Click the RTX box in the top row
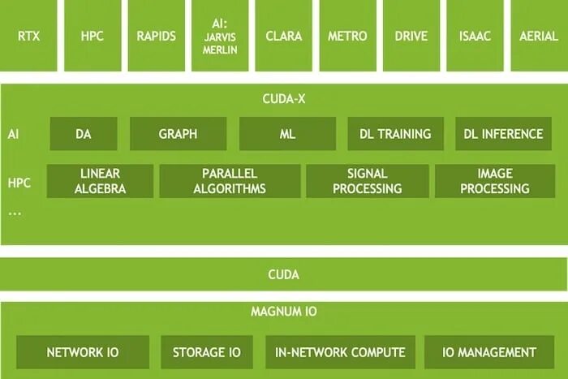(x=28, y=36)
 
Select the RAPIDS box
(x=157, y=36)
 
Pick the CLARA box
(x=284, y=36)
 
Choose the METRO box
(x=347, y=36)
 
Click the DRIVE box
(x=411, y=36)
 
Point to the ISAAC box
(x=475, y=36)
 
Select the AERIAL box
(x=539, y=36)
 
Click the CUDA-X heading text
(x=284, y=99)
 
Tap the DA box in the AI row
(x=84, y=134)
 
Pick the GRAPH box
(x=178, y=134)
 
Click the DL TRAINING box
(x=395, y=134)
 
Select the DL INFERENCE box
(x=503, y=134)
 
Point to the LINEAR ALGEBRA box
(x=100, y=181)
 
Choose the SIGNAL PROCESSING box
(x=368, y=181)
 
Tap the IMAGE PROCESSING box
(x=495, y=181)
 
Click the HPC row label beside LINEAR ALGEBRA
(x=19, y=183)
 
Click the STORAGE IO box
(x=207, y=352)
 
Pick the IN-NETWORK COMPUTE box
(x=341, y=352)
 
